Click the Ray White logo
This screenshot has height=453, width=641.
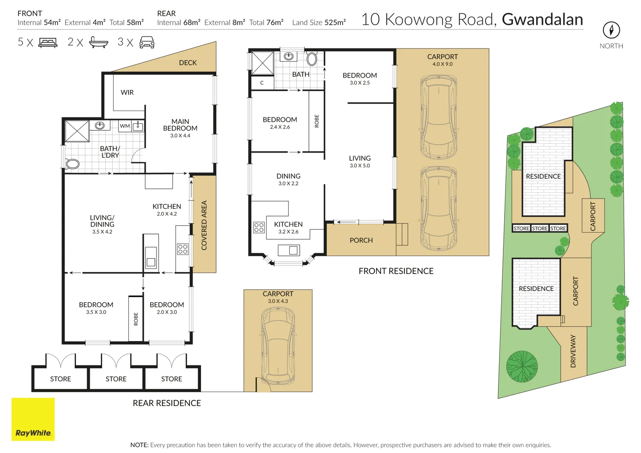point(33,419)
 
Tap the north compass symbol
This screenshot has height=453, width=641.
point(611,30)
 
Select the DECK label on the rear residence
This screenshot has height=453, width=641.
point(188,62)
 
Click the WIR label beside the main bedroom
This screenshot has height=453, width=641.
point(127,92)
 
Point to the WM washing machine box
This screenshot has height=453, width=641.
point(125,126)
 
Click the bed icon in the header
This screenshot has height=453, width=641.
point(48,42)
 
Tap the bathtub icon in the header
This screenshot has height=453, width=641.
point(99,42)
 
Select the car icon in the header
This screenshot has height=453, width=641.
point(147,42)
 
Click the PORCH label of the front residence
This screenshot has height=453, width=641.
point(361,240)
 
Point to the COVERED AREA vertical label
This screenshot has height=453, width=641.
point(204,225)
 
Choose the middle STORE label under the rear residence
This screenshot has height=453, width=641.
point(116,379)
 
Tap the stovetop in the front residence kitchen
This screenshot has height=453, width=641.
point(259,227)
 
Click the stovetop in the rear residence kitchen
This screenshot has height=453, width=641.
point(183,249)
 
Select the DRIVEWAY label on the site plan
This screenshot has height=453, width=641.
point(573,351)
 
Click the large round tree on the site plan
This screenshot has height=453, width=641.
point(522,366)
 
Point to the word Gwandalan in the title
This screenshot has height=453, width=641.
point(542,19)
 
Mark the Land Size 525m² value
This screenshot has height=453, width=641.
point(319,23)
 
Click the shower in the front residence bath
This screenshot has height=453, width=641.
point(262,63)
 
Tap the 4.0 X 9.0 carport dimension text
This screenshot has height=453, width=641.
point(442,64)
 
